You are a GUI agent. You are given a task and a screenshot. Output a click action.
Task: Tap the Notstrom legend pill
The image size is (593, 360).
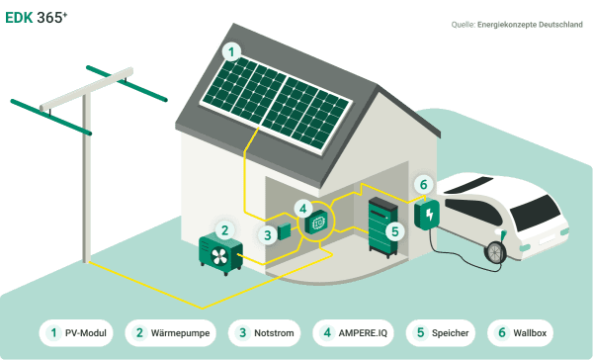[268, 334]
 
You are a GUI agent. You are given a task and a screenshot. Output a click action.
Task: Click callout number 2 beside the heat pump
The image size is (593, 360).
[225, 229]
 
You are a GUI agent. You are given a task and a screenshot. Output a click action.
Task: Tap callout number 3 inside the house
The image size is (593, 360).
[268, 235]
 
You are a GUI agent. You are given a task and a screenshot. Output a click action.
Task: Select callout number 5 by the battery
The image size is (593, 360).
[393, 231]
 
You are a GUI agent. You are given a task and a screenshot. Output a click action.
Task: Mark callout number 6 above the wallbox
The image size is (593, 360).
[423, 185]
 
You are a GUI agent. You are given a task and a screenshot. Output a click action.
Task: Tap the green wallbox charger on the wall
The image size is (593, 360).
[428, 214]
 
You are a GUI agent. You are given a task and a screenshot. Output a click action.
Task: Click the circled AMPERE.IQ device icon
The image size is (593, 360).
[318, 224]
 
